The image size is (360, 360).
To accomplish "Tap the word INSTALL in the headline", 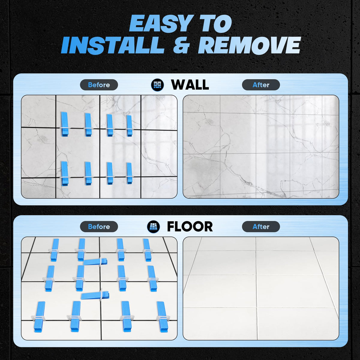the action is (x=113, y=45).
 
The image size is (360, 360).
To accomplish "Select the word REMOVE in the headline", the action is (x=249, y=45).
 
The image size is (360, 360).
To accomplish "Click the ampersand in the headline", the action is (x=181, y=45).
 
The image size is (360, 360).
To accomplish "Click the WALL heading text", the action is (x=190, y=85).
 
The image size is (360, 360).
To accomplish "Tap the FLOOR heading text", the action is (x=190, y=226).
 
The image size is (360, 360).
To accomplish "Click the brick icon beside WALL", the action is (x=157, y=85).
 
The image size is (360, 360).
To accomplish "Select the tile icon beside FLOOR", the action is (x=153, y=226).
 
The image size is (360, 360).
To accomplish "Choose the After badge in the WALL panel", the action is (x=261, y=85).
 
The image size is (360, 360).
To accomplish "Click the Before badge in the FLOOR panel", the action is (x=99, y=226).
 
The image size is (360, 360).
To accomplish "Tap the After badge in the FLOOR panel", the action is (x=261, y=226).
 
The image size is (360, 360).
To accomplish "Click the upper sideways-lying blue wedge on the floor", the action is (x=95, y=262).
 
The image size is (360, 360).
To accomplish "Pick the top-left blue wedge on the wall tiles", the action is (x=64, y=124).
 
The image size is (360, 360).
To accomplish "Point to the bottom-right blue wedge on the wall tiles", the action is (x=129, y=173).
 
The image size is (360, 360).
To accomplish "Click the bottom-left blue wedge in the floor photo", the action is (x=39, y=317).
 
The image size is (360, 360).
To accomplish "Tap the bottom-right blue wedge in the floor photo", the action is (x=162, y=317).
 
